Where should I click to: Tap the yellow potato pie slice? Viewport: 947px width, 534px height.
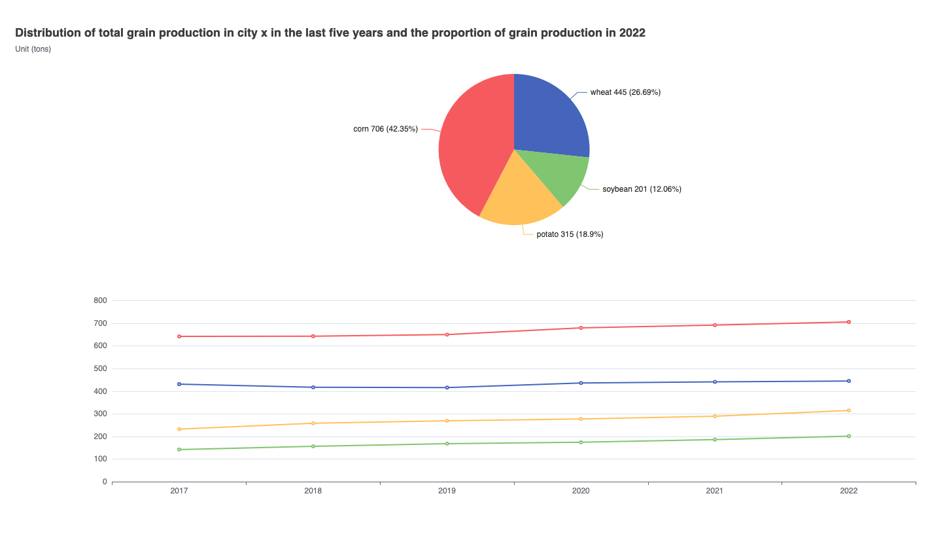(520, 196)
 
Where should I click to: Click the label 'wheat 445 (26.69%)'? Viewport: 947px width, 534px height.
(625, 92)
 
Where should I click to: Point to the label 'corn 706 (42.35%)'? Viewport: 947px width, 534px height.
(385, 129)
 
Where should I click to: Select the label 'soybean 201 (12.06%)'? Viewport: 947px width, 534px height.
(642, 189)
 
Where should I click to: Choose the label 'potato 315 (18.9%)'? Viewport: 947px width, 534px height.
(570, 234)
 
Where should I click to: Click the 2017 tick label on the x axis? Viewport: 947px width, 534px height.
(179, 491)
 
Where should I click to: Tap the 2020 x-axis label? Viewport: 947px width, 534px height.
(581, 491)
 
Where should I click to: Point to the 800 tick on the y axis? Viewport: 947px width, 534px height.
(100, 300)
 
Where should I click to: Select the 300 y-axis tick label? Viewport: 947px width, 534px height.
(100, 414)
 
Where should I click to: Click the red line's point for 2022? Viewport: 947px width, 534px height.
(849, 322)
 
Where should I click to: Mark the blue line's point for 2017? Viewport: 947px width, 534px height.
(179, 384)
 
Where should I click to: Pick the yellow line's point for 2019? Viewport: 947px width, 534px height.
(447, 421)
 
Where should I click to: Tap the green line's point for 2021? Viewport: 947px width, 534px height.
(715, 440)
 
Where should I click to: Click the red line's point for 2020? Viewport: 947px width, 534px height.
(581, 328)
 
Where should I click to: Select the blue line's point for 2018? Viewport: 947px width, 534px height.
(313, 387)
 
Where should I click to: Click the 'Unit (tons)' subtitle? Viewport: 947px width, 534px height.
(33, 48)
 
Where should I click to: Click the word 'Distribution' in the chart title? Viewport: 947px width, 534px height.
(50, 33)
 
